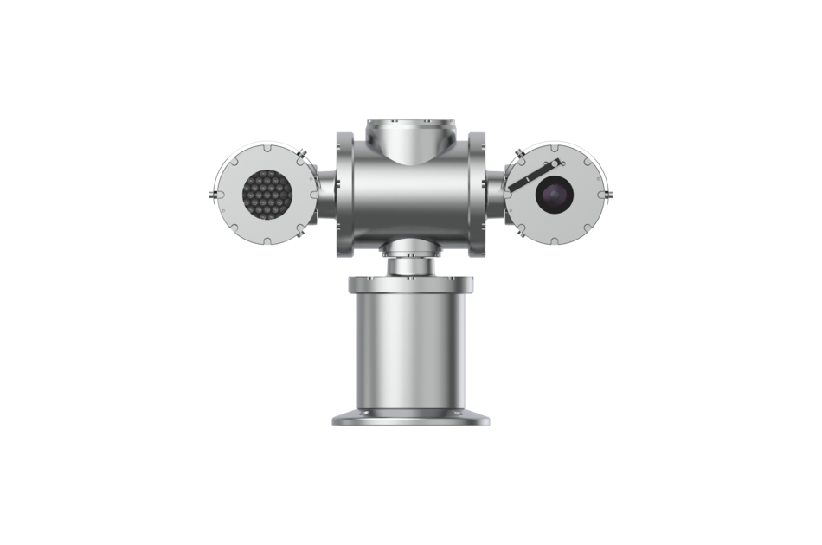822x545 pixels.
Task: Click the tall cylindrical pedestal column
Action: pyautogui.click(x=410, y=354)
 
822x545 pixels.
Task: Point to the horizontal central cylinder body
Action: pyautogui.click(x=411, y=195)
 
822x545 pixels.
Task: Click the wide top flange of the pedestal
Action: pyautogui.click(x=410, y=283)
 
